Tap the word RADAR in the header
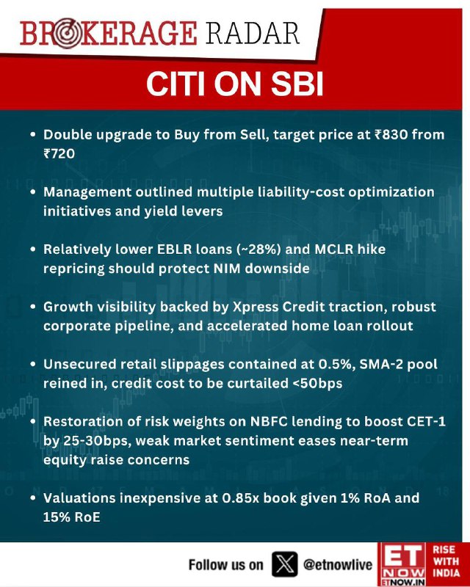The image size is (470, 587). coord(253,33)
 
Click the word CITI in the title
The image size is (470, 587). coord(176,84)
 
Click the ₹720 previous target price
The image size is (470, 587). coord(59,153)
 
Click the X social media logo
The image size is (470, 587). coord(284,564)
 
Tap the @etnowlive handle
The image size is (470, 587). coord(337,564)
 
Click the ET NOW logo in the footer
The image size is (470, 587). coord(403,564)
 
